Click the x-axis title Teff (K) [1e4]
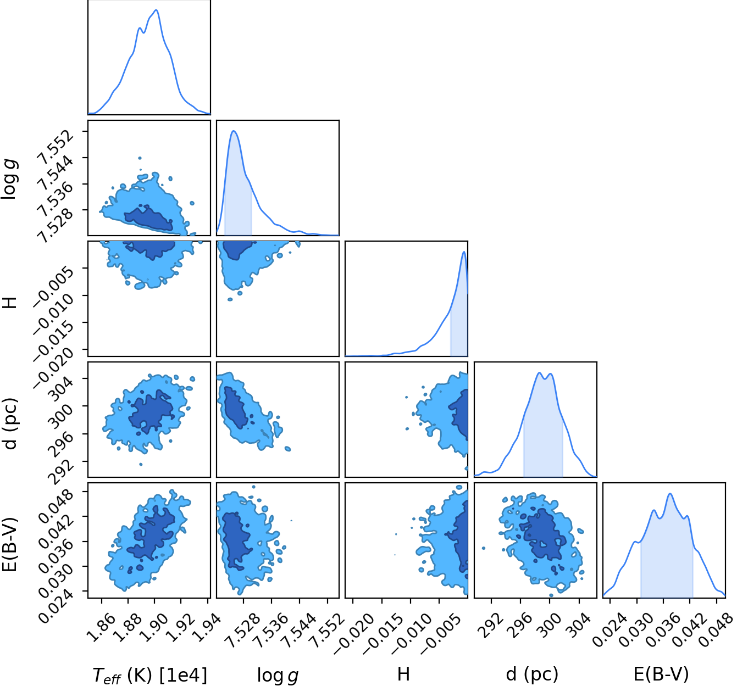tap(149, 675)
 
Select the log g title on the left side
tap(9, 180)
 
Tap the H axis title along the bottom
tap(404, 674)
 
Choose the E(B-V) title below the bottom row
tap(661, 674)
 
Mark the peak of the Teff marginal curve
tap(156, 10)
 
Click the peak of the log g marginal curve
tap(234, 131)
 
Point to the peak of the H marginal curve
tap(463, 252)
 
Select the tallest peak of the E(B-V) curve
tap(670, 493)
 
